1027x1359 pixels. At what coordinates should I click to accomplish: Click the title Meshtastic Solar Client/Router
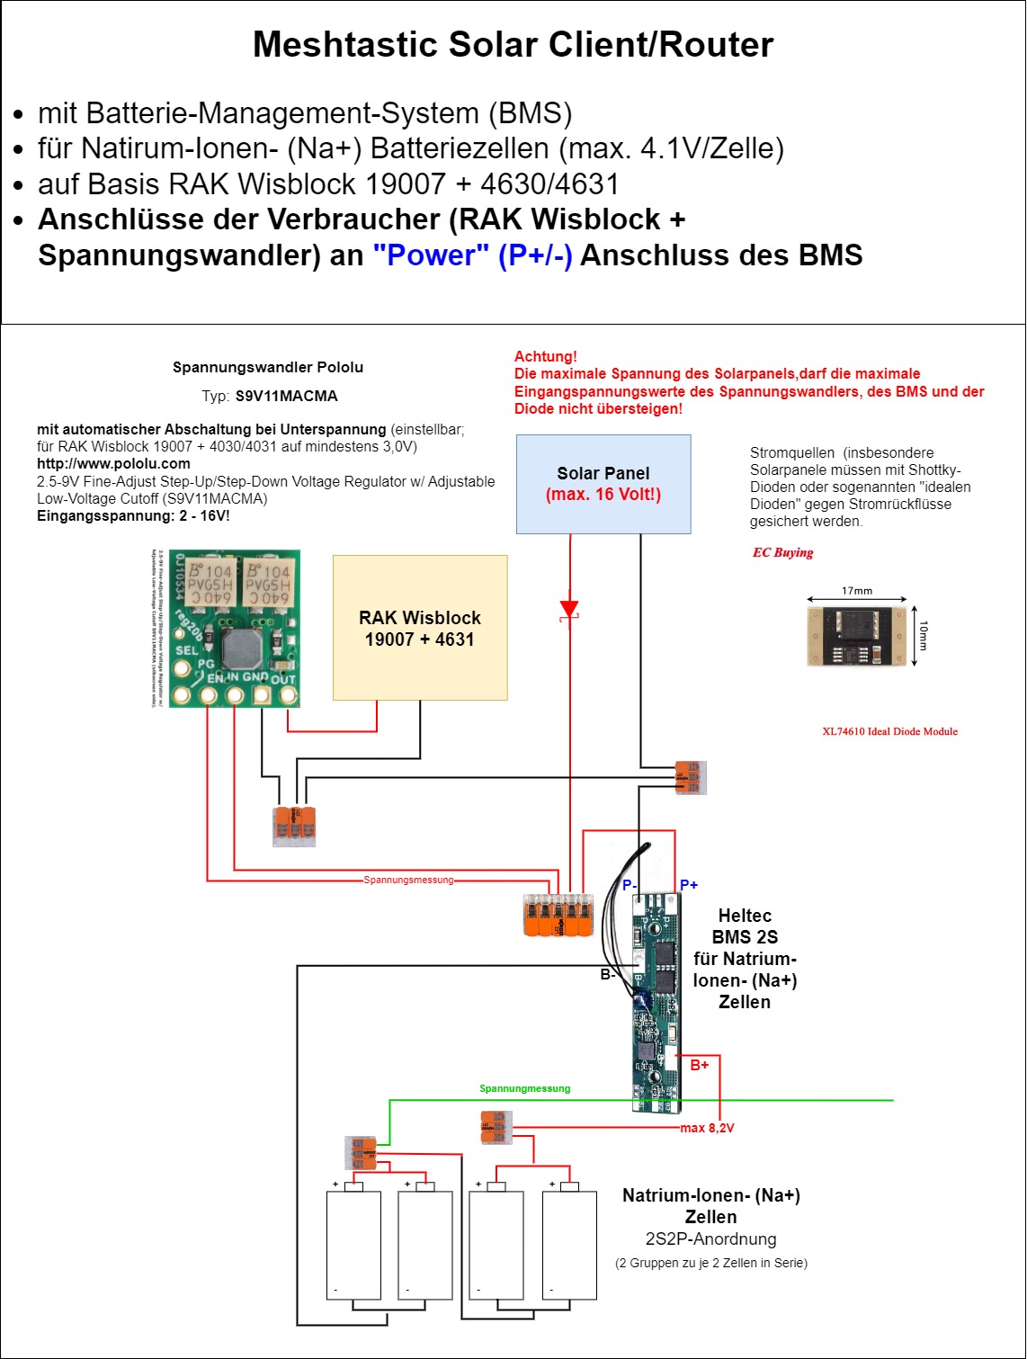[513, 44]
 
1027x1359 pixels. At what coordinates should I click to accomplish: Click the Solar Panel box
[603, 484]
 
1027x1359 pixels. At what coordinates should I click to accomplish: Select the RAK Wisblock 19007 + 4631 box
[420, 628]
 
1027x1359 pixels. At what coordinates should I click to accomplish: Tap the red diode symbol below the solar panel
[568, 609]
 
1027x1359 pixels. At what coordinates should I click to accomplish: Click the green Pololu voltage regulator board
[235, 629]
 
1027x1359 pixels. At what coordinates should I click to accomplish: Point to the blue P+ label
[689, 885]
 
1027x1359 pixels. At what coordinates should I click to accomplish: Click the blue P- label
[630, 885]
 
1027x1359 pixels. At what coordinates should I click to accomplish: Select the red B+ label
[700, 1065]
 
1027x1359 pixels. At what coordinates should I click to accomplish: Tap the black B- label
[608, 974]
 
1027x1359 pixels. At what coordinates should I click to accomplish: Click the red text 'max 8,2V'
[707, 1128]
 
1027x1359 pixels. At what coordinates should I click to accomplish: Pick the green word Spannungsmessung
[524, 1088]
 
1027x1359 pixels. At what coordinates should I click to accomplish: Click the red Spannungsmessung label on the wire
[408, 880]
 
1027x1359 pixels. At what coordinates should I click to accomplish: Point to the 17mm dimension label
[857, 591]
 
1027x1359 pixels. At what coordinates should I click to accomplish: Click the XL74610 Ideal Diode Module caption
[889, 731]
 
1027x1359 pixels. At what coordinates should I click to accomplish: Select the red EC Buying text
[782, 552]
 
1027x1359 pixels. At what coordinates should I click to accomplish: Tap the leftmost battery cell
[353, 1245]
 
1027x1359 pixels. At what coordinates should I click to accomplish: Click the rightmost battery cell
[570, 1245]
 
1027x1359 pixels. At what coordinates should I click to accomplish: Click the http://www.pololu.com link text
[113, 464]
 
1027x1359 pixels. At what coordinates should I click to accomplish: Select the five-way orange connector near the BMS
[558, 916]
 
